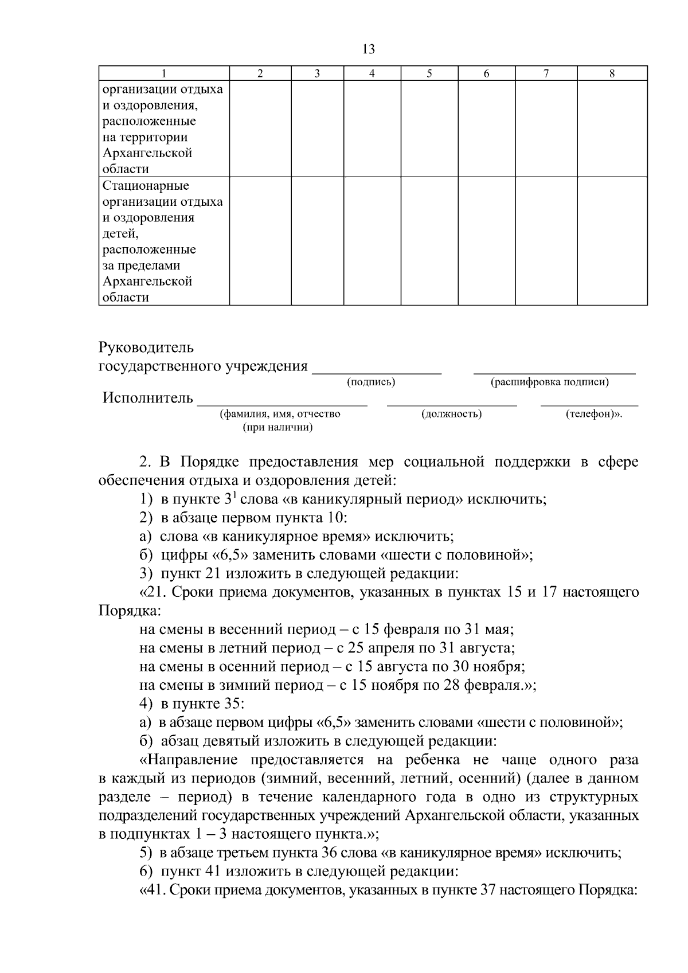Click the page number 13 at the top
[x=369, y=49]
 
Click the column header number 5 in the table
[x=429, y=73]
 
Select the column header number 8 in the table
[x=612, y=73]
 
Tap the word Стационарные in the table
[x=146, y=186]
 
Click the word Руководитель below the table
[x=146, y=348]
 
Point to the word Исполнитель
[x=148, y=398]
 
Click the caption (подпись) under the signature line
[x=371, y=382]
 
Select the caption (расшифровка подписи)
[x=549, y=382]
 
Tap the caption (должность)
[x=451, y=414]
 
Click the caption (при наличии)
[x=277, y=428]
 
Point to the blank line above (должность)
[x=452, y=405]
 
